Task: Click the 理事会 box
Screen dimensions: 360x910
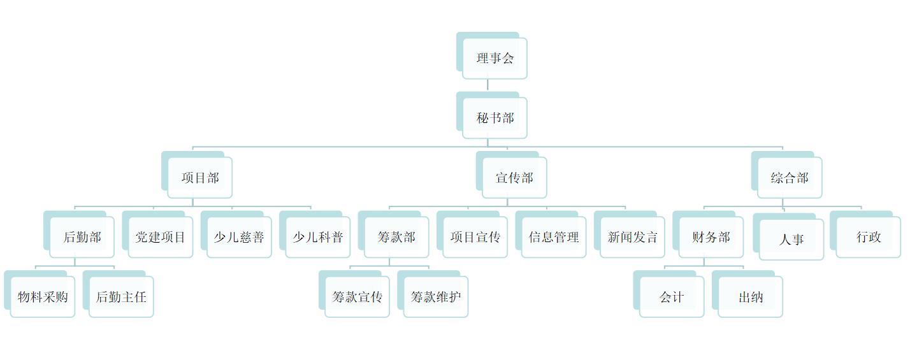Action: point(495,59)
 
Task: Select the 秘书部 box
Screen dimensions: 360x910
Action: point(495,118)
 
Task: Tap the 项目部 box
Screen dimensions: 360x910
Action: point(199,178)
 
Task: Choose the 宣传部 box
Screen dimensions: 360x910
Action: point(514,178)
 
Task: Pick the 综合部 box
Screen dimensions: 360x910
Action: point(790,178)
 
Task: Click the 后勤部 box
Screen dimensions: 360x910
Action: point(82,238)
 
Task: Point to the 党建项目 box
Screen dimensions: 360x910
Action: point(160,238)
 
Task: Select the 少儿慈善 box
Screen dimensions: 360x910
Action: point(239,238)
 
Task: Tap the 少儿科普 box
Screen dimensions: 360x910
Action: point(317,238)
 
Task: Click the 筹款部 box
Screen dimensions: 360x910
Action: point(396,238)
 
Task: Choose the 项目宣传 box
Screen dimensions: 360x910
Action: point(475,238)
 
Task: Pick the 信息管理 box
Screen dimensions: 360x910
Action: point(553,238)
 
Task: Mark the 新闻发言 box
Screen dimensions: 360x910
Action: point(632,238)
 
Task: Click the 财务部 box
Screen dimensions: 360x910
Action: point(711,238)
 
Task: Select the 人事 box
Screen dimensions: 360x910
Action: point(791,240)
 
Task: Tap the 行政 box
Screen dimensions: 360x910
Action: point(868,238)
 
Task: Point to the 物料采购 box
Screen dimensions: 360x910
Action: point(43,297)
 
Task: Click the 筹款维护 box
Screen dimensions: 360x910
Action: point(436,297)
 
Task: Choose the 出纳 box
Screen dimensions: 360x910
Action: point(750,297)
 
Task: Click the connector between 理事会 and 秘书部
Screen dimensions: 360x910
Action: point(488,85)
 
